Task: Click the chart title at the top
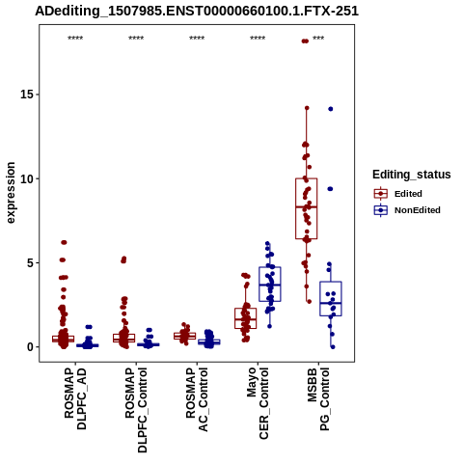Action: (x=197, y=11)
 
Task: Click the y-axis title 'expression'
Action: (x=11, y=193)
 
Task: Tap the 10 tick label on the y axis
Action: (x=27, y=178)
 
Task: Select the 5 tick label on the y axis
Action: (x=31, y=262)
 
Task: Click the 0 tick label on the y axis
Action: (x=31, y=347)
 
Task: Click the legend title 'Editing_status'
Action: (x=412, y=175)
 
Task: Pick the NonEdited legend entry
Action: (x=407, y=210)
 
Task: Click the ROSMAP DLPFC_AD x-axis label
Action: (x=75, y=398)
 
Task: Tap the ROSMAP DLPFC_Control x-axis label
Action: (x=136, y=410)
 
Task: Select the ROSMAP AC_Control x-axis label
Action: (x=197, y=399)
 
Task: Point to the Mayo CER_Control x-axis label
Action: (x=258, y=403)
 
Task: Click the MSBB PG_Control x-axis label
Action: (x=318, y=399)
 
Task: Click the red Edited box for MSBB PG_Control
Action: (x=307, y=208)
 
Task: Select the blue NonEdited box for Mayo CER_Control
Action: (x=270, y=285)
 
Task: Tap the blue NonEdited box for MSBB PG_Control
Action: (x=331, y=299)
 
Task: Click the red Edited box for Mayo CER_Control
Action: (x=246, y=318)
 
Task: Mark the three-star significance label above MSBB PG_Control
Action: (x=318, y=39)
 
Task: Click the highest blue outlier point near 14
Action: (x=331, y=109)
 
